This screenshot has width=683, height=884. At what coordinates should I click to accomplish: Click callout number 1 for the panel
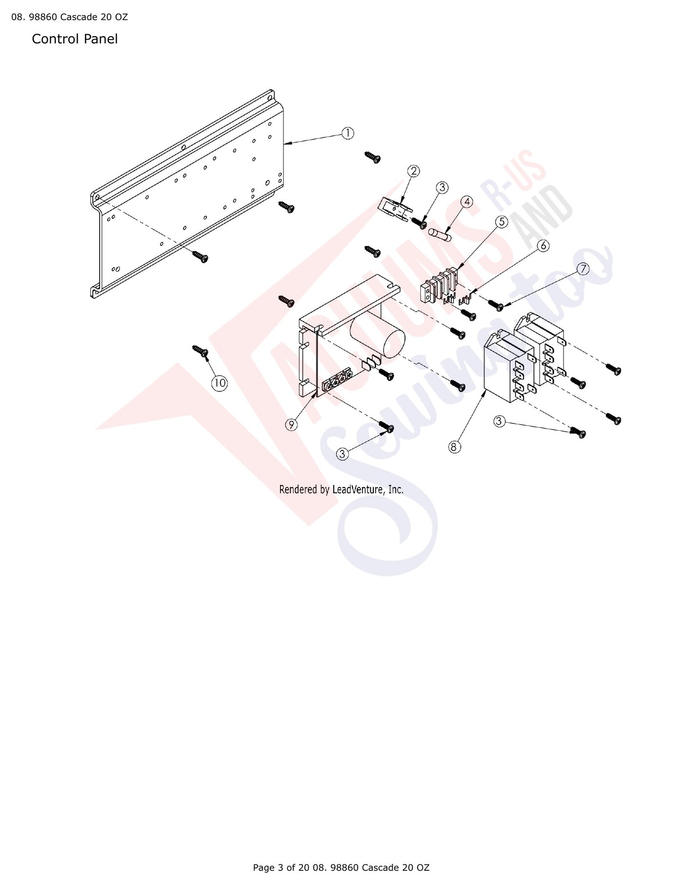pyautogui.click(x=347, y=133)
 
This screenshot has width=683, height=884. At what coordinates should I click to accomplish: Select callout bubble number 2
pyautogui.click(x=414, y=171)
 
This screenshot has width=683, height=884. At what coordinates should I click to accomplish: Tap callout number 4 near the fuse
pyautogui.click(x=467, y=201)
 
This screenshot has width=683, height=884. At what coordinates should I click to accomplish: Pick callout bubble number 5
pyautogui.click(x=502, y=221)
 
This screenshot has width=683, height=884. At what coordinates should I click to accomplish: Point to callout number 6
pyautogui.click(x=543, y=245)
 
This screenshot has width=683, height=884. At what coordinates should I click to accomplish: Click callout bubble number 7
pyautogui.click(x=583, y=269)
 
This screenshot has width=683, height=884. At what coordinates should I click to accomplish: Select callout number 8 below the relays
pyautogui.click(x=455, y=446)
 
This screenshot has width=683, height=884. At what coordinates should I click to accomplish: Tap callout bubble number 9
pyautogui.click(x=291, y=424)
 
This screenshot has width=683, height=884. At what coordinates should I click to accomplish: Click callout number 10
pyautogui.click(x=220, y=383)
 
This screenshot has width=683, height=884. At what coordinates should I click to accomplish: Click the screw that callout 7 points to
pyautogui.click(x=496, y=305)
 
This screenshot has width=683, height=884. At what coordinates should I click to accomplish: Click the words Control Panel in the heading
pyautogui.click(x=75, y=39)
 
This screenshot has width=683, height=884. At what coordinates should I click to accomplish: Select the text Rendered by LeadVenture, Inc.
pyautogui.click(x=341, y=489)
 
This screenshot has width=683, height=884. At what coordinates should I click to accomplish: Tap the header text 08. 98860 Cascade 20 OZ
pyautogui.click(x=69, y=18)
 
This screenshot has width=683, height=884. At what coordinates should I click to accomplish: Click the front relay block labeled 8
pyautogui.click(x=507, y=366)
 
